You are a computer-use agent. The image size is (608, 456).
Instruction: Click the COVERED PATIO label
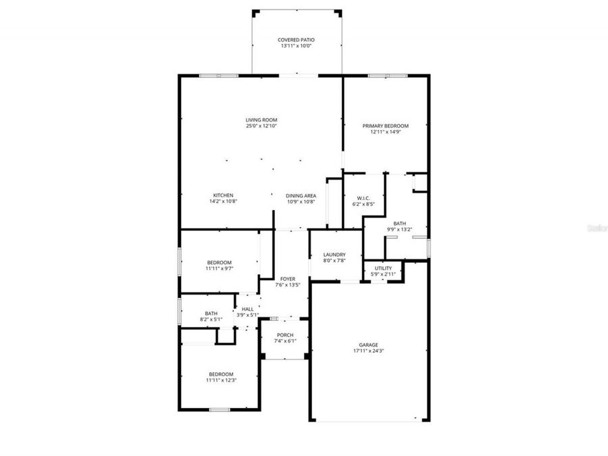tap(296, 40)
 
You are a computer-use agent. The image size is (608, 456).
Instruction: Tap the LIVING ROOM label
tap(261, 120)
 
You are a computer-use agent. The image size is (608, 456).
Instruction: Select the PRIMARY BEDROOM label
tap(386, 126)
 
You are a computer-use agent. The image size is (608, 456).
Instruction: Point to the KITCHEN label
tap(223, 195)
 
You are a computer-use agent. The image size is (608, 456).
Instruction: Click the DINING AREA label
tap(301, 195)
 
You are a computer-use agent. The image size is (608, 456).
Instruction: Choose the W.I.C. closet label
tap(362, 198)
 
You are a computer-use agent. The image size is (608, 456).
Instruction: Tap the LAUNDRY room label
tap(334, 255)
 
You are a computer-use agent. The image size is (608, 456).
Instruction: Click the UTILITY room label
tap(383, 268)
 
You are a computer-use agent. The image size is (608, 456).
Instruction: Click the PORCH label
tap(285, 335)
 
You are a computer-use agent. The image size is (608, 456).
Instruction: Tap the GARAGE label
tap(368, 345)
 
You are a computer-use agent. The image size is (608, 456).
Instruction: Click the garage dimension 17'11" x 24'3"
tap(368, 351)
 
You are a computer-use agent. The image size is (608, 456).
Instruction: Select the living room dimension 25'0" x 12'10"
tap(261, 126)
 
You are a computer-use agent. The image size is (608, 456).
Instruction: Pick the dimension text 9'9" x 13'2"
tap(400, 229)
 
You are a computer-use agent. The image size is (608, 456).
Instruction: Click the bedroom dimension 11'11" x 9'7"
tap(220, 268)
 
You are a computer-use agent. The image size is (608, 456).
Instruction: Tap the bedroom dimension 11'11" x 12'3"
tap(220, 380)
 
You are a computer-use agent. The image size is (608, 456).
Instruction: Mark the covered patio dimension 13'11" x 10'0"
tap(296, 46)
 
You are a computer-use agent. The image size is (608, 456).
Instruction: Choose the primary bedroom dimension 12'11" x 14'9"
tap(386, 132)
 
